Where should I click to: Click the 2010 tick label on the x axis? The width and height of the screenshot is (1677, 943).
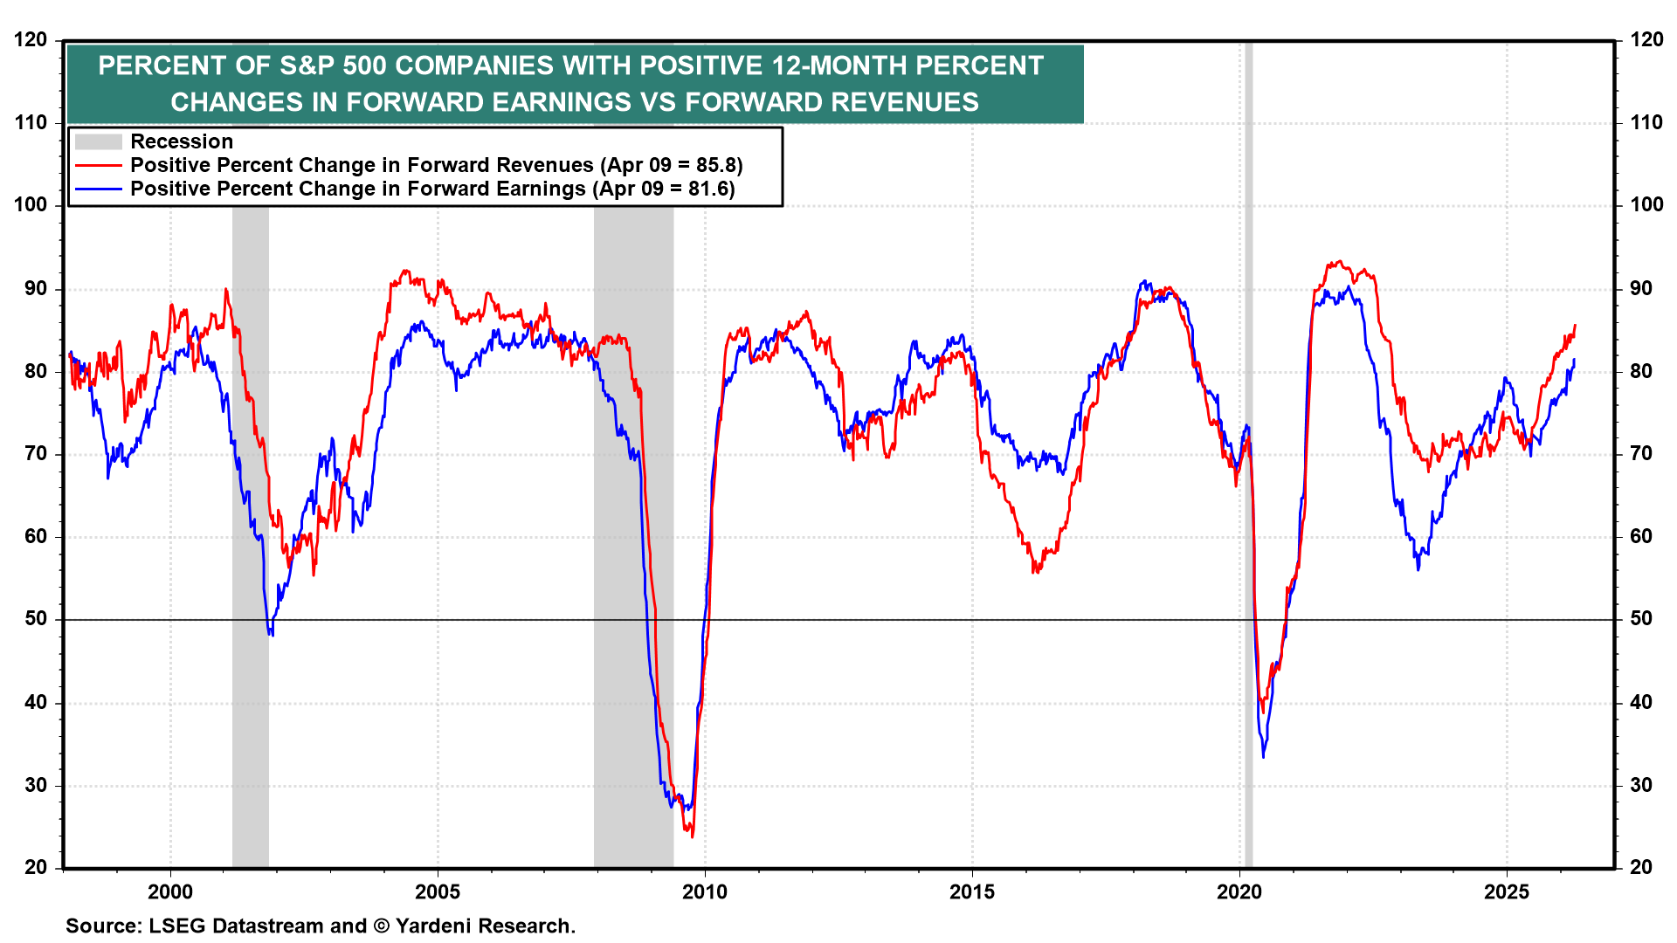click(x=704, y=891)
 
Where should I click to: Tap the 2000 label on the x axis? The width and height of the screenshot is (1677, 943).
click(x=169, y=891)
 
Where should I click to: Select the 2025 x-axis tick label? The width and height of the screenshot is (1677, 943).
click(x=1507, y=891)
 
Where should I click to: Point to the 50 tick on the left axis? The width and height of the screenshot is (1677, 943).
click(x=36, y=619)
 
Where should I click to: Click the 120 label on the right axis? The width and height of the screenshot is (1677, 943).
click(x=1646, y=40)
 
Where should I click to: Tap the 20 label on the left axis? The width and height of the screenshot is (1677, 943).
click(x=36, y=867)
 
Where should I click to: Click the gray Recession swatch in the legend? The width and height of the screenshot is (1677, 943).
click(x=98, y=141)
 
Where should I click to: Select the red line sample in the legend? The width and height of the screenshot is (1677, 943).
click(x=98, y=165)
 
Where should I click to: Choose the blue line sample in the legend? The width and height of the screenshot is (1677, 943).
click(x=98, y=189)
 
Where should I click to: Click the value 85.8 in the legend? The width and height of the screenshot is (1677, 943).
click(x=716, y=165)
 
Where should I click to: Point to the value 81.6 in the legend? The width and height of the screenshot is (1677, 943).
click(x=708, y=189)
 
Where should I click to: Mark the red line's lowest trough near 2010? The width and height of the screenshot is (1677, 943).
click(x=693, y=836)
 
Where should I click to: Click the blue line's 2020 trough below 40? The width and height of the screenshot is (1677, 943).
click(x=1263, y=755)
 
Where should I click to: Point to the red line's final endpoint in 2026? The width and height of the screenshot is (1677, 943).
click(x=1575, y=326)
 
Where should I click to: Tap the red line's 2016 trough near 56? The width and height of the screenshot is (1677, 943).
click(x=1034, y=571)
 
